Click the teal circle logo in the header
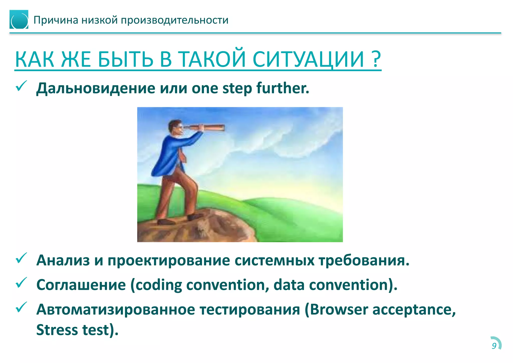tap(19, 20)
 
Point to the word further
tap(283, 88)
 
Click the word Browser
tap(339, 310)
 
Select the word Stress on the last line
tap(57, 330)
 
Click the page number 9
tap(494, 346)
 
